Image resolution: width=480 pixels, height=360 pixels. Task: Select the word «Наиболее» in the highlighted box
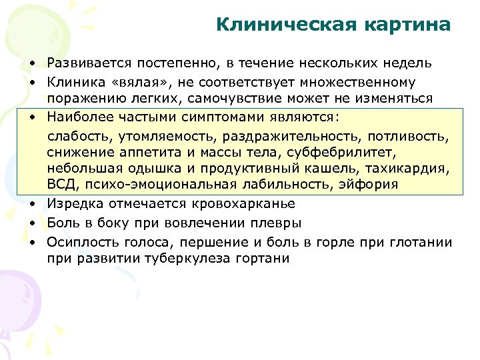pyautogui.click(x=75, y=117)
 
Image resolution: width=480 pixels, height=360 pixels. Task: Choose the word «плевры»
pyautogui.click(x=278, y=223)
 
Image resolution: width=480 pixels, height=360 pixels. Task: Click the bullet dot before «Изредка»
pyautogui.click(x=31, y=204)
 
